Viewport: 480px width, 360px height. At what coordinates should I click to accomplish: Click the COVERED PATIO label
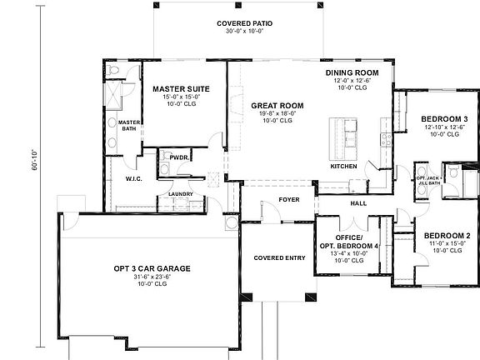(x=245, y=23)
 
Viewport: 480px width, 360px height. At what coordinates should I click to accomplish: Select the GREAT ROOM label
(x=277, y=106)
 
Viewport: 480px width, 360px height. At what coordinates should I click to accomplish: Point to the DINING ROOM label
(x=352, y=73)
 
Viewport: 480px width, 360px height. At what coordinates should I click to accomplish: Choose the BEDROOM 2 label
(x=446, y=236)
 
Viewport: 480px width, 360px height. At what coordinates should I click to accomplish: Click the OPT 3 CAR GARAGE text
(x=152, y=269)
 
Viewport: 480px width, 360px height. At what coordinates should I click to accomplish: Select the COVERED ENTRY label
(x=278, y=257)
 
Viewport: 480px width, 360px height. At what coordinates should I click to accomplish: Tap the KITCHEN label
(x=343, y=167)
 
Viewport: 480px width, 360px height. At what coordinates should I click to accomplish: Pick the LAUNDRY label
(x=181, y=195)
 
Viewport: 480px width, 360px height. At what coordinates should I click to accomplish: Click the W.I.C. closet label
(x=137, y=178)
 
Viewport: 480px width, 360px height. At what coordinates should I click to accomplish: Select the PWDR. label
(x=178, y=157)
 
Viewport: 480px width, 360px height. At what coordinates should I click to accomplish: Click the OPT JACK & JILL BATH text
(x=428, y=181)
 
